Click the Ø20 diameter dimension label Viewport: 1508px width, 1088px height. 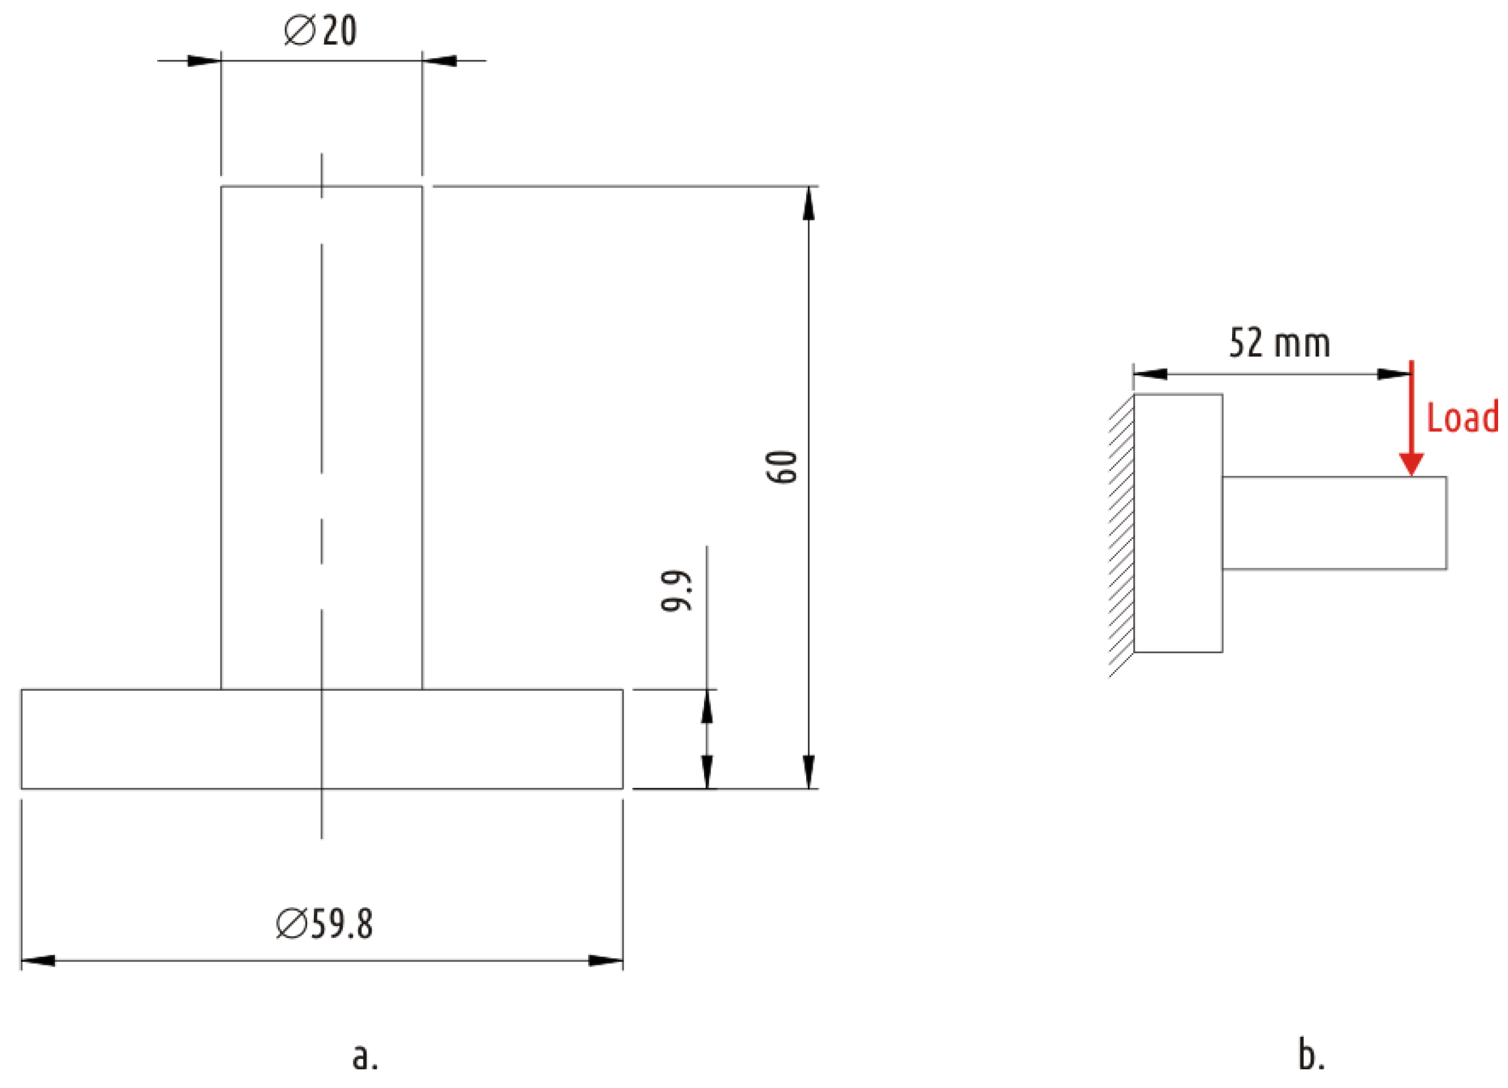320,31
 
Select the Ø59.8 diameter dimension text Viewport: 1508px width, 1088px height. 324,924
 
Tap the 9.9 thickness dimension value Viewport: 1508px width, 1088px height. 678,590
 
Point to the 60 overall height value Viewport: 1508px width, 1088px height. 782,467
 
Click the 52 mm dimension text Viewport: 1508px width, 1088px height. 1279,343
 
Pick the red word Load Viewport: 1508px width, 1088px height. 1463,418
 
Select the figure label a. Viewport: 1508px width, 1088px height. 365,1057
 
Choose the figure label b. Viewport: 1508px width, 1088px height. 1311,1054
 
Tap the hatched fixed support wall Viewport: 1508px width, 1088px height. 1122,536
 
